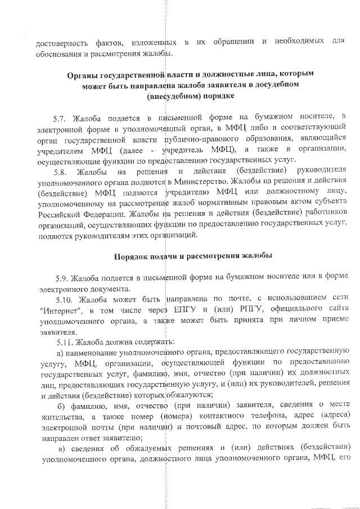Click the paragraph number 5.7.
tap(60, 119)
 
